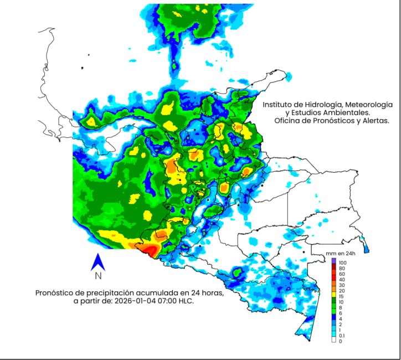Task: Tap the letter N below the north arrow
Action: pyautogui.click(x=97, y=276)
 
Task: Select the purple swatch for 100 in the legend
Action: pyautogui.click(x=334, y=262)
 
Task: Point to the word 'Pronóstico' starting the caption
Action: pyautogui.click(x=55, y=292)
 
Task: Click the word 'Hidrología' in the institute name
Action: pyautogui.click(x=322, y=104)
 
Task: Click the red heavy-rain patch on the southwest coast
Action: pyautogui.click(x=150, y=251)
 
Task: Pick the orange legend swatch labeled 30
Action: pyautogui.click(x=334, y=286)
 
